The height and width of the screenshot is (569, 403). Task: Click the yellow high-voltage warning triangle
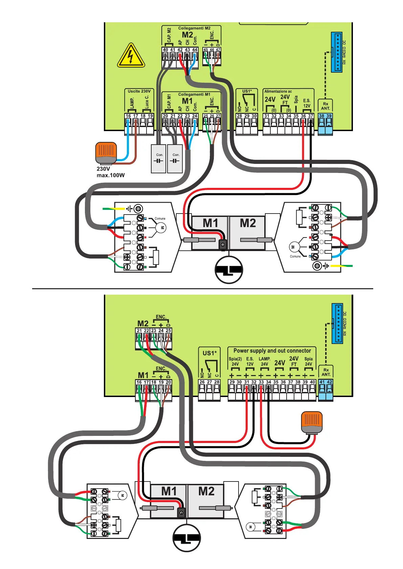click(131, 56)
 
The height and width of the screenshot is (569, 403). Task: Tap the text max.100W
click(111, 175)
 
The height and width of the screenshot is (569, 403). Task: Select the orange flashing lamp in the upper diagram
click(106, 153)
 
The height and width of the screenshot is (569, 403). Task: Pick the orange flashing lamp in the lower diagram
click(312, 422)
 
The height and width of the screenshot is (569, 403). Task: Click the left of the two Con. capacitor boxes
click(158, 158)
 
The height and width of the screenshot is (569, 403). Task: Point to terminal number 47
click(218, 50)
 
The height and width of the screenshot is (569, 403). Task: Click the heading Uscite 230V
click(139, 91)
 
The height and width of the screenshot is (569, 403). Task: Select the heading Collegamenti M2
click(194, 28)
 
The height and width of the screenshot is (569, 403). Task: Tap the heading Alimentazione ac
click(278, 91)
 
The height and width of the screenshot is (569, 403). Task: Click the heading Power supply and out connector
click(272, 351)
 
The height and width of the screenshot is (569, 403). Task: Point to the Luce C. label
click(147, 102)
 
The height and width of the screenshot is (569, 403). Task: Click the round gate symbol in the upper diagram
click(229, 270)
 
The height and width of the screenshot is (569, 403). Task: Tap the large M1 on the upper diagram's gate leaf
click(210, 223)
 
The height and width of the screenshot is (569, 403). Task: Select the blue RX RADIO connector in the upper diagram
click(337, 52)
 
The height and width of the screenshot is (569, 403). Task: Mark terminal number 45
click(205, 50)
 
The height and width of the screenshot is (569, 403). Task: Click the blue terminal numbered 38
click(322, 116)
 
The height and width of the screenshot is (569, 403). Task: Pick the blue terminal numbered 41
click(322, 382)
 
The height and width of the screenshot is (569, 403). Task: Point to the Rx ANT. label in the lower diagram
click(326, 372)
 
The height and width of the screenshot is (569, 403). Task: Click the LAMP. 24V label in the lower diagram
click(264, 361)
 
